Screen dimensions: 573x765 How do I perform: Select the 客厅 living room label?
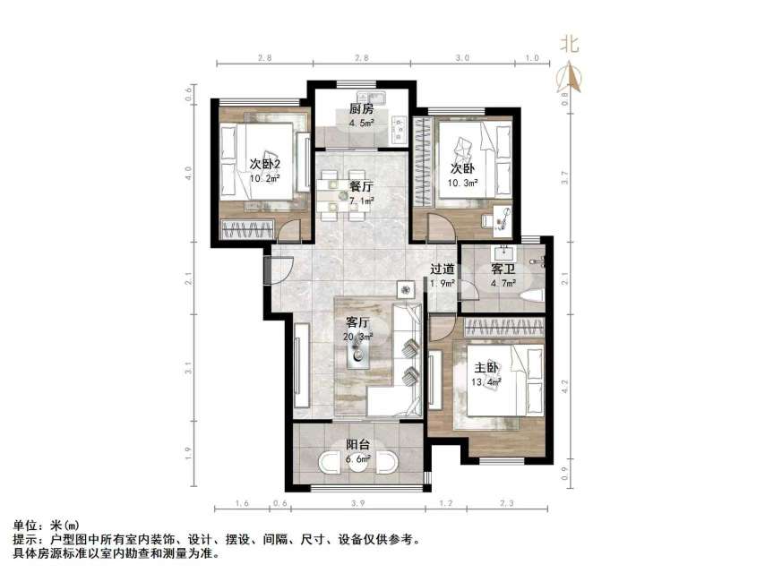(x=358, y=322)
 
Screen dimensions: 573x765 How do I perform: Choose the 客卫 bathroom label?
(x=503, y=269)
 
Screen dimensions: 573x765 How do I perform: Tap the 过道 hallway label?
(x=443, y=269)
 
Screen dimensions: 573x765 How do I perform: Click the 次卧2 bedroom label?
(x=265, y=164)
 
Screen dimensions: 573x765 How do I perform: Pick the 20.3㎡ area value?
(x=358, y=338)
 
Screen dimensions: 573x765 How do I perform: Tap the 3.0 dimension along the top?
(x=461, y=57)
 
